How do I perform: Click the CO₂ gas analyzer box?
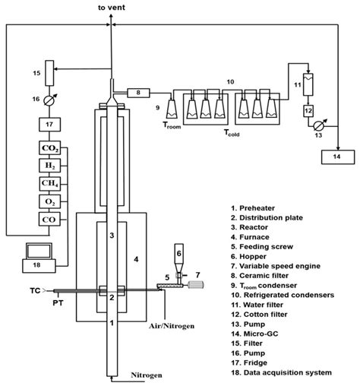click(x=52, y=149)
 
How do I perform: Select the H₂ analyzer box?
click(x=52, y=166)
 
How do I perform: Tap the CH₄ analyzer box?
click(x=52, y=183)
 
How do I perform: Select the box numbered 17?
click(x=52, y=124)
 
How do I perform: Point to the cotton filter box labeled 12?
click(x=308, y=111)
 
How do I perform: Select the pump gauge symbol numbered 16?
click(x=52, y=99)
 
